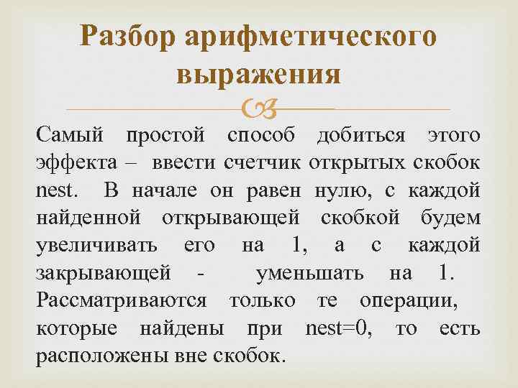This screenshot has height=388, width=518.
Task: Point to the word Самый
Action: [x=69, y=134]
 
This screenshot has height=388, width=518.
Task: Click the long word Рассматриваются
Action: [x=121, y=300]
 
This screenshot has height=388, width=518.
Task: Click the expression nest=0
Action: [x=340, y=328]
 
